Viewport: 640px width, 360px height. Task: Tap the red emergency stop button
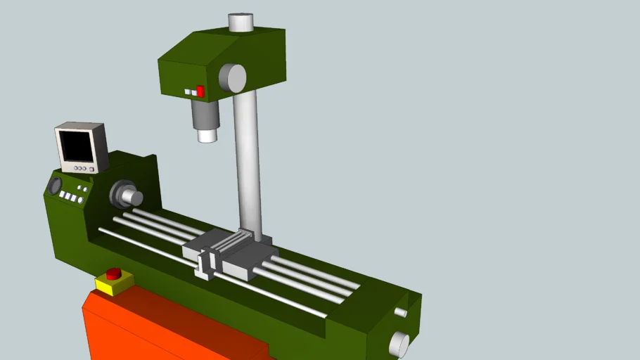tap(113, 274)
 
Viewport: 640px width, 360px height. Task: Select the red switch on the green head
tap(200, 91)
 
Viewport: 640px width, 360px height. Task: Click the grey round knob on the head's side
tap(232, 78)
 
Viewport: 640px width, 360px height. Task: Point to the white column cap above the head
tap(241, 22)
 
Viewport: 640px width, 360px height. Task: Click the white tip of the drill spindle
tap(207, 135)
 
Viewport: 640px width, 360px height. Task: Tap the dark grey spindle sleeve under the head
tap(205, 114)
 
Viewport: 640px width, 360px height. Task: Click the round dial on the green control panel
tap(54, 186)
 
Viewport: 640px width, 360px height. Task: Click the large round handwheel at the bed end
tap(399, 345)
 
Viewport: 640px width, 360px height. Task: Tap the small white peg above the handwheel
tap(401, 312)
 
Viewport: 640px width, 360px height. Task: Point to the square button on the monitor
tap(92, 169)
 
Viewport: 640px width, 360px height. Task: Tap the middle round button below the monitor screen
tap(79, 169)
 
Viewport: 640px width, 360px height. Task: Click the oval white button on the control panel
tap(80, 200)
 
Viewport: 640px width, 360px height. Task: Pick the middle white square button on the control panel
tap(68, 197)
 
